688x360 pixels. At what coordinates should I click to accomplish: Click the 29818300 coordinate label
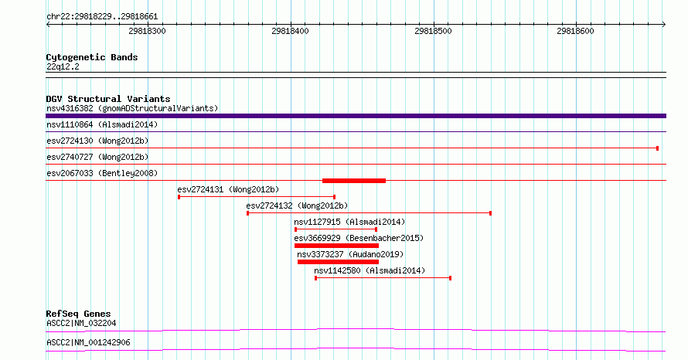coord(147,31)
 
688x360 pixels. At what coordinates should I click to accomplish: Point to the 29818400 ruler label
coord(290,31)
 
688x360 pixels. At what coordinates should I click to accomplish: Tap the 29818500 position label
coord(433,31)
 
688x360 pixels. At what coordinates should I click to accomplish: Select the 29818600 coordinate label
coord(575,31)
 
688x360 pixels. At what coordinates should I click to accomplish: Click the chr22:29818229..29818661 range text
coord(102,17)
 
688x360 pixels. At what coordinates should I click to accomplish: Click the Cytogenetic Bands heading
coord(92,57)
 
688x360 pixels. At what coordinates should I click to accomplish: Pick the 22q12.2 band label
coord(63,66)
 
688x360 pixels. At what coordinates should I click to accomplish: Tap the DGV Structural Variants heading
coord(108,99)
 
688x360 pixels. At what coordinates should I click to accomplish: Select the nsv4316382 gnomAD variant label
coord(132,108)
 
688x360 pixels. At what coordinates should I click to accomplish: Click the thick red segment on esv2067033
coord(354,181)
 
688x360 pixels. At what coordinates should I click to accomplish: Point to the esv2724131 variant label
coord(228,189)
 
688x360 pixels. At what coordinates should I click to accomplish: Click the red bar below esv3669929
coord(336,246)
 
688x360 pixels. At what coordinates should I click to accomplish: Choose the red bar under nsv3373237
coord(338,262)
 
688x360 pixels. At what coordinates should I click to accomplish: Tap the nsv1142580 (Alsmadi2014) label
coord(370,270)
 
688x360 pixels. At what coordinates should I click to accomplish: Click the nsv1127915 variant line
coord(336,229)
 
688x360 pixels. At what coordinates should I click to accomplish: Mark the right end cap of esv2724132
coord(491,213)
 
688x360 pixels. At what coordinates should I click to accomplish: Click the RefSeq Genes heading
coord(79,314)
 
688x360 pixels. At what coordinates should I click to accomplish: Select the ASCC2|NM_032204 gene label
coord(81,323)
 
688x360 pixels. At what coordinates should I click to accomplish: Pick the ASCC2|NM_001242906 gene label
coord(88,342)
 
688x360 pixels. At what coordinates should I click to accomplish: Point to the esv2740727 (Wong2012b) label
coord(97,157)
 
